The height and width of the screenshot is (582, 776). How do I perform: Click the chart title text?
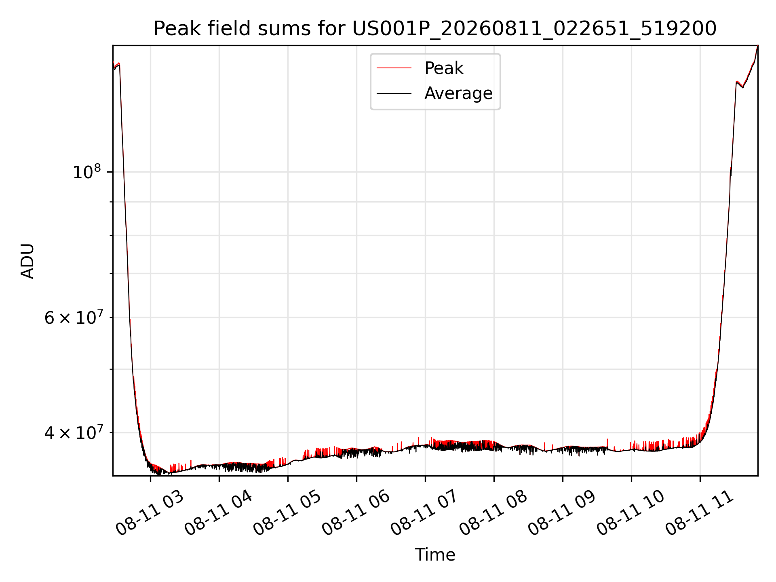[435, 29]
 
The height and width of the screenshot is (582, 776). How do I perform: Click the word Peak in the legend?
[444, 68]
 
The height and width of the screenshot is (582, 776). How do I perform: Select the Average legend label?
[458, 93]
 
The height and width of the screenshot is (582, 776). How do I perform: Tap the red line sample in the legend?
[394, 68]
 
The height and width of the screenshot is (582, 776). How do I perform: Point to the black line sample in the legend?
[394, 93]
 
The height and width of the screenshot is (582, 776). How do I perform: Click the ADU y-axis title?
[27, 261]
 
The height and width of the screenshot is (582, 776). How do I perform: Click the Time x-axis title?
[435, 555]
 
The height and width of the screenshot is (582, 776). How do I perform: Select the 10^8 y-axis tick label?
[86, 171]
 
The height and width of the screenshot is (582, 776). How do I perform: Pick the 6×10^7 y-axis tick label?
[73, 317]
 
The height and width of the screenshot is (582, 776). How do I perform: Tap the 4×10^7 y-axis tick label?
[73, 432]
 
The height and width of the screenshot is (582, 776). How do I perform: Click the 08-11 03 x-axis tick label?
[150, 513]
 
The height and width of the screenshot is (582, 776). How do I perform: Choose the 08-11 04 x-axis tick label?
[218, 513]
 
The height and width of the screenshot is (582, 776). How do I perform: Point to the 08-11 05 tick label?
[287, 513]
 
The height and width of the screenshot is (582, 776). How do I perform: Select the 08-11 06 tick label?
[356, 513]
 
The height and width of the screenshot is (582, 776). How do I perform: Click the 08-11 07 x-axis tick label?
[424, 513]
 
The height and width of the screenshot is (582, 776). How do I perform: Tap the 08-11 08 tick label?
[493, 513]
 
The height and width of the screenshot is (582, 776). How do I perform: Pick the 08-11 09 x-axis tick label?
[562, 513]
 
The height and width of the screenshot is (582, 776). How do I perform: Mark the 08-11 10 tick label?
[630, 513]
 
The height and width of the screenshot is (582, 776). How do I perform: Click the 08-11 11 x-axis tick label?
[699, 513]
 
